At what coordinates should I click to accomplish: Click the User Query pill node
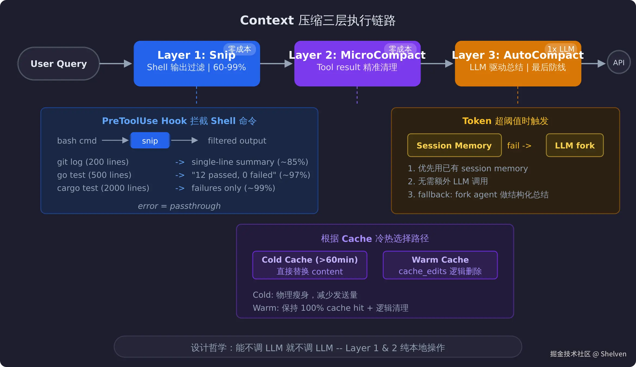pos(59,64)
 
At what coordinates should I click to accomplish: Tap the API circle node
pos(619,63)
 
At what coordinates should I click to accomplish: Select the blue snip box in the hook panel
pos(150,141)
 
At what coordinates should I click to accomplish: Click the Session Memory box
pos(454,145)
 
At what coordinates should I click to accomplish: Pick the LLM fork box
pos(575,145)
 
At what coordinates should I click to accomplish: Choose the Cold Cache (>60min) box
pos(310,265)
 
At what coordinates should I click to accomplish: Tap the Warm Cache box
pos(440,265)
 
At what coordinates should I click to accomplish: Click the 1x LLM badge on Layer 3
pos(561,49)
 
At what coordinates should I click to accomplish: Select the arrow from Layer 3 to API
pos(593,64)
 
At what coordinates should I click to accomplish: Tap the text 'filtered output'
pos(237,141)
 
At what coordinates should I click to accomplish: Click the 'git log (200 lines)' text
pos(93,162)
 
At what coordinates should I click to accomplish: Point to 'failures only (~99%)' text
pos(233,188)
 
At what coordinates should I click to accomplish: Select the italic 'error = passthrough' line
pos(179,206)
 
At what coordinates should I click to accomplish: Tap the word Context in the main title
pos(267,20)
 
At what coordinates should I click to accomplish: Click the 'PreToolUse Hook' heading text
pos(144,121)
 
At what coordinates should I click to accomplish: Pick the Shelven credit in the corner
pos(613,354)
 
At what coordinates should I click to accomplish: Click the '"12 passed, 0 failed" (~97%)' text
pos(251,175)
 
